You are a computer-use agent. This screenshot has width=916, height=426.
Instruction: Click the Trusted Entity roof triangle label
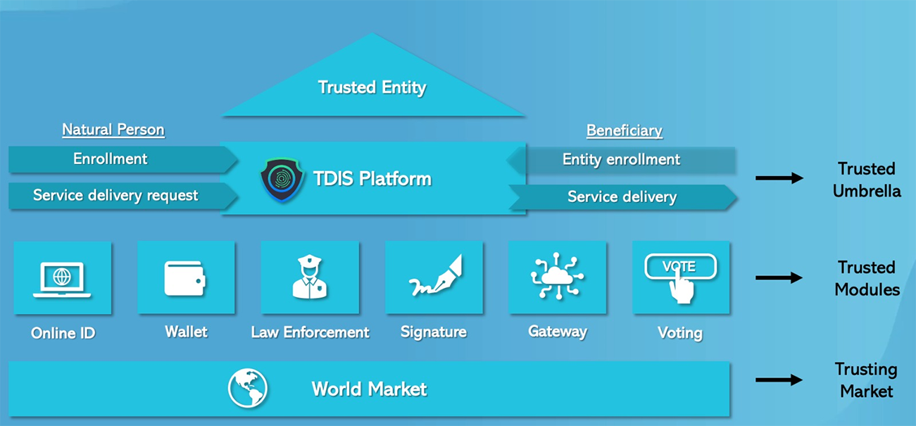click(372, 88)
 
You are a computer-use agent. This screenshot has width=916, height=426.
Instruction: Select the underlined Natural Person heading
click(113, 130)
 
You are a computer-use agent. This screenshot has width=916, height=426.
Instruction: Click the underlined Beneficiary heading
click(625, 130)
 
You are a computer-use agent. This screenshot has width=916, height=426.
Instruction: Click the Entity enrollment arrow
click(621, 160)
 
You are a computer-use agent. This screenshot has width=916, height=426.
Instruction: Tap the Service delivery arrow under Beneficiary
click(622, 197)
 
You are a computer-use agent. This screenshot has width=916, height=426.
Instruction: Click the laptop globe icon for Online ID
click(63, 278)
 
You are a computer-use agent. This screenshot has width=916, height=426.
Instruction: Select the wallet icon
click(186, 278)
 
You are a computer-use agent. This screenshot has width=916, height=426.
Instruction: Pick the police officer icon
click(310, 277)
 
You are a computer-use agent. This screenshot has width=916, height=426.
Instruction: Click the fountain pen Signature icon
click(434, 277)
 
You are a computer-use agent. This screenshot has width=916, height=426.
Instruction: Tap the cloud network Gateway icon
click(558, 277)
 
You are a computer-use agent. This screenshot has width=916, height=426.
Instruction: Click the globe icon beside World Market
click(248, 389)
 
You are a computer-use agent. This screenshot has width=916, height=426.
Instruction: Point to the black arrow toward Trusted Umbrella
click(779, 178)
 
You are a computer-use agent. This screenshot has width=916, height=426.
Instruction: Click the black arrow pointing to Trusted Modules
click(779, 278)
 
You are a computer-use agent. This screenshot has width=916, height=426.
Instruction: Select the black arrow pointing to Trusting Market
click(779, 380)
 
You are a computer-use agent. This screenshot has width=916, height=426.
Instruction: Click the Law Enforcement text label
click(310, 332)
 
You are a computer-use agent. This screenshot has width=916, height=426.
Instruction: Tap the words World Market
click(369, 389)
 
